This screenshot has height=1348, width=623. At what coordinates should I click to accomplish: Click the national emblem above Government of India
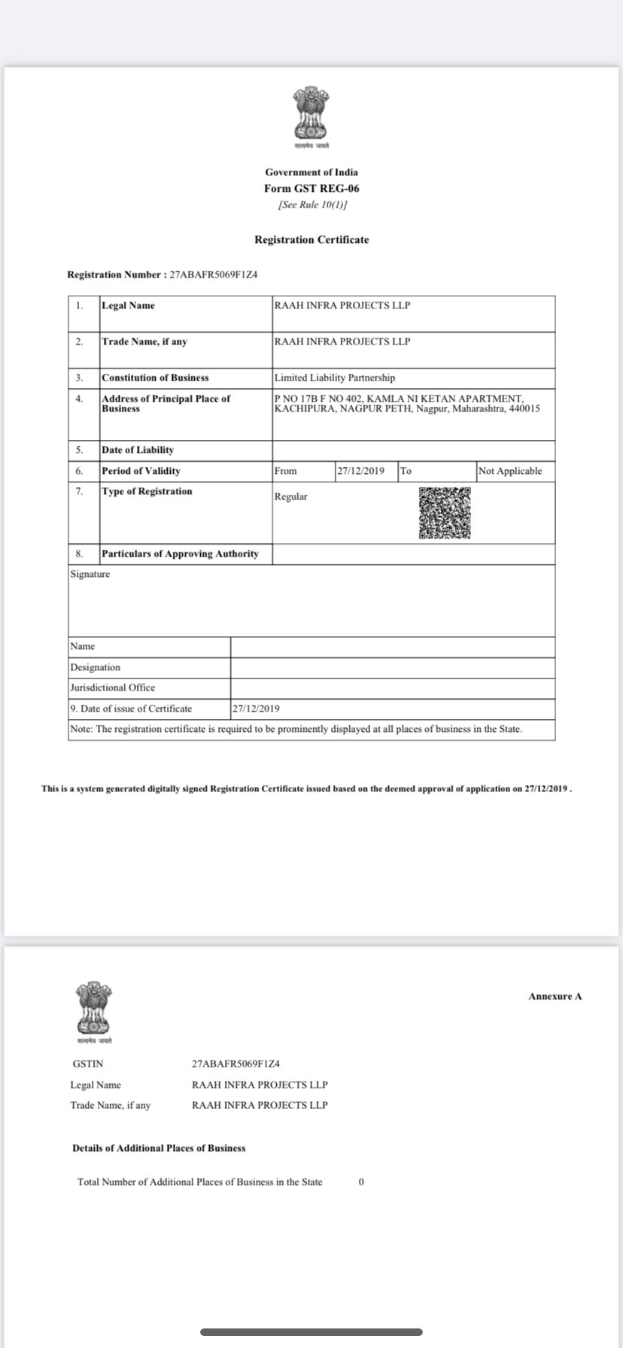click(x=311, y=114)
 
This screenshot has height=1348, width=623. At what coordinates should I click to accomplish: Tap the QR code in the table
click(x=445, y=513)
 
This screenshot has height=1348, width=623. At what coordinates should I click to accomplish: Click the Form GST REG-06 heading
click(x=311, y=189)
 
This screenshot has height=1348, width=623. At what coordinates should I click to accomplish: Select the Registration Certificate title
click(x=311, y=240)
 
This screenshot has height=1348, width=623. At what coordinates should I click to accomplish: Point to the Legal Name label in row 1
click(x=129, y=305)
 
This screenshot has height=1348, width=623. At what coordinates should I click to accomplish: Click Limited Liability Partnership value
click(x=335, y=378)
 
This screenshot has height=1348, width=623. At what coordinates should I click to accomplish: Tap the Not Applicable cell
click(x=510, y=471)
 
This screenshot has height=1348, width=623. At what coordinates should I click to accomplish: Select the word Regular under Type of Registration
click(x=291, y=496)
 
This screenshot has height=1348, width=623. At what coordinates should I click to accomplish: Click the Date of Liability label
click(x=138, y=450)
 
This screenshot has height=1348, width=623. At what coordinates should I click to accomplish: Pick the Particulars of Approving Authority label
click(x=181, y=554)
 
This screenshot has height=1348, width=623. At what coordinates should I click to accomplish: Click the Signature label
click(x=90, y=574)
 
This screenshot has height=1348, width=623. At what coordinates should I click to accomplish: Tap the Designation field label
click(x=96, y=667)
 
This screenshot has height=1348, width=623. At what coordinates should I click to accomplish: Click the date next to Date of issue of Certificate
click(x=257, y=709)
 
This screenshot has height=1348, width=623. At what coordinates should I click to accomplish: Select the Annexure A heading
click(x=555, y=996)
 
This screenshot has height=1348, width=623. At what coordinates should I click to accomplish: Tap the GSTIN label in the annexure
click(x=88, y=1064)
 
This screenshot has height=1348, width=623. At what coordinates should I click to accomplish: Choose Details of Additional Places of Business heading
click(x=159, y=1148)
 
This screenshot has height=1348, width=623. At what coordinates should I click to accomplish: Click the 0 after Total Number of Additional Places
click(x=361, y=1182)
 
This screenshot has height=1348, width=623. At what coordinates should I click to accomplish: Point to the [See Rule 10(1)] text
click(x=311, y=205)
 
